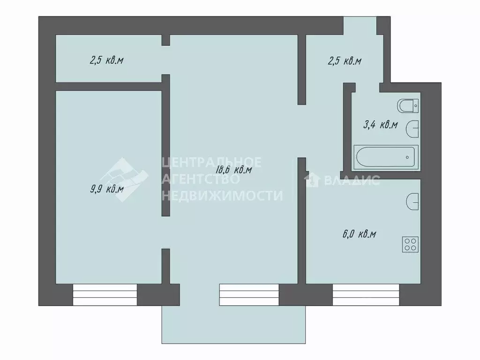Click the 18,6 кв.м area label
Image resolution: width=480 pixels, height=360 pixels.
pyautogui.click(x=233, y=170)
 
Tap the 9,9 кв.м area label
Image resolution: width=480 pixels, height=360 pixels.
pyautogui.click(x=107, y=189)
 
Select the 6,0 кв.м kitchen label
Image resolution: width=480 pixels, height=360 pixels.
pyautogui.click(x=360, y=234)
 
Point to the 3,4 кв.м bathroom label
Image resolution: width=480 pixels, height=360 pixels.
pyautogui.click(x=381, y=125)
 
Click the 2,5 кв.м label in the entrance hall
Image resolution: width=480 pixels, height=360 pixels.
pyautogui.click(x=344, y=61)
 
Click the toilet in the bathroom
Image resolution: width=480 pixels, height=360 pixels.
pyautogui.click(x=408, y=106)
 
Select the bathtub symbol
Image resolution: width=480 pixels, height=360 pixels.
pyautogui.click(x=386, y=157)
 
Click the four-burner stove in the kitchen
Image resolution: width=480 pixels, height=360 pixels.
pyautogui.click(x=411, y=244)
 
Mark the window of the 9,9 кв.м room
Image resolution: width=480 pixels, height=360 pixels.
pyautogui.click(x=105, y=295)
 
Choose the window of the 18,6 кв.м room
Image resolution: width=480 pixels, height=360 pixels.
pyautogui.click(x=249, y=295)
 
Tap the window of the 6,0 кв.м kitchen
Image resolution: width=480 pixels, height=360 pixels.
pyautogui.click(x=366, y=295)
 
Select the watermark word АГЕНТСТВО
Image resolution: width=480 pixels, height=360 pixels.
pyautogui.click(x=201, y=179)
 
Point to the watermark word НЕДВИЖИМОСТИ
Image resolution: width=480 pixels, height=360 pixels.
pyautogui.click(x=222, y=195)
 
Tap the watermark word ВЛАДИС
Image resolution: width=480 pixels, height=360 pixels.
pyautogui.click(x=351, y=180)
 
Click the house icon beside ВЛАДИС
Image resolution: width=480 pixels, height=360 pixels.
pyautogui.click(x=312, y=180)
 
